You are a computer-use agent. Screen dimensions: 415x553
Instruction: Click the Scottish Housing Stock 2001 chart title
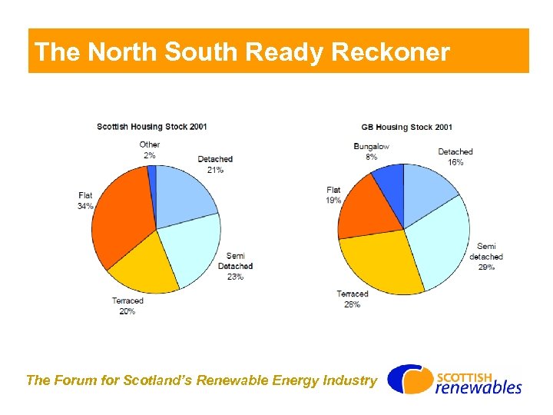click(x=151, y=127)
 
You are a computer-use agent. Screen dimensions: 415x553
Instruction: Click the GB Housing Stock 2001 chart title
click(x=406, y=127)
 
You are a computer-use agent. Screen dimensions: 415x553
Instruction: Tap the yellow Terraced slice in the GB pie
click(x=380, y=261)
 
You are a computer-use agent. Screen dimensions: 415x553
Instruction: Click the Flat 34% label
click(x=85, y=201)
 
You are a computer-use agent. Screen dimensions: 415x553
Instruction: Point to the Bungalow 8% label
click(x=371, y=151)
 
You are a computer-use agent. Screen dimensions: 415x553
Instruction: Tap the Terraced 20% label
click(x=127, y=306)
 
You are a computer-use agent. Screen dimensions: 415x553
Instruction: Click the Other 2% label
click(x=150, y=150)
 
